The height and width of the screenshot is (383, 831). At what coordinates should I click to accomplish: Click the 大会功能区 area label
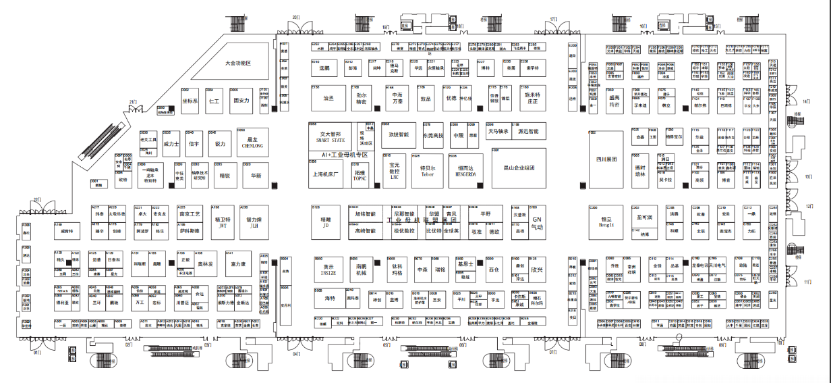coord(238,63)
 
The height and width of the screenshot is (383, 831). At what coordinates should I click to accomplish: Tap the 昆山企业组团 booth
coord(519,168)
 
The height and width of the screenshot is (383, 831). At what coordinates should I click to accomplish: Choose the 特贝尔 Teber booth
coord(428,170)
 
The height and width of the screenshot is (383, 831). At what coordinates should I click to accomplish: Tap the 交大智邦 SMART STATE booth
coord(331,137)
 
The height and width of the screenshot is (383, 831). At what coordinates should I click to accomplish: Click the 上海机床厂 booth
coord(326,174)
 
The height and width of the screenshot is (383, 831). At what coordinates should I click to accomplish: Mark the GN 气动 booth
coord(537,222)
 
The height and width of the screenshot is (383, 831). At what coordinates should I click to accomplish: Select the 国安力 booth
coord(241,101)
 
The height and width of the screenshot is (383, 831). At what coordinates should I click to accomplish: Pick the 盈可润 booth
coord(645,218)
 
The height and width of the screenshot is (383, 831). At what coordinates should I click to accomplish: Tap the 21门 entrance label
coord(133,102)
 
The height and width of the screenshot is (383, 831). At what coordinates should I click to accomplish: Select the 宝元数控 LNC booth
coord(395,170)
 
